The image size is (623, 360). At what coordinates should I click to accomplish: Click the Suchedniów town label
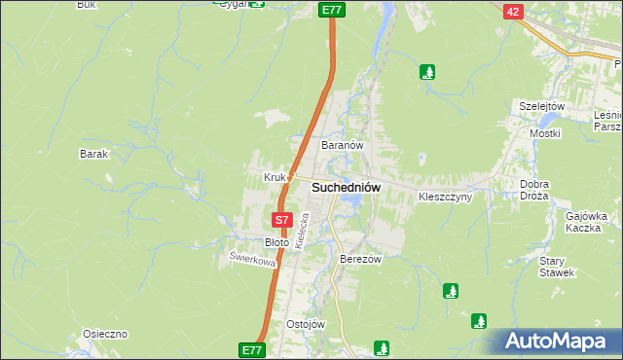point(346,187)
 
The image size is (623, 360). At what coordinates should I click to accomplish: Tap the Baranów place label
point(342,145)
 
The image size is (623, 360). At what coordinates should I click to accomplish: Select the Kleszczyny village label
point(445,197)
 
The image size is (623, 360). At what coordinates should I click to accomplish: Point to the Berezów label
point(359,260)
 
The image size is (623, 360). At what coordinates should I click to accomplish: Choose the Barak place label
point(93,154)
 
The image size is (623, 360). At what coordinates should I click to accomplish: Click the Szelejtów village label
point(542,105)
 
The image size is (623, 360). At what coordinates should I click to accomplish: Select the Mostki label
point(543,132)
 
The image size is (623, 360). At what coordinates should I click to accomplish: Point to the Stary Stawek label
point(558,267)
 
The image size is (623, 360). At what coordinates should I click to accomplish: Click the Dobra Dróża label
point(534,190)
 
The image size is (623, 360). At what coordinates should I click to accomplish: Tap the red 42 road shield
point(514,11)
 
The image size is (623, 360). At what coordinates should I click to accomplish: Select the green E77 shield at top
point(332,9)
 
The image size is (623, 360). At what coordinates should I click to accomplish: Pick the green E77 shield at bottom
point(252,349)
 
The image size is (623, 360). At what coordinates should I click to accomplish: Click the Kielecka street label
point(302,235)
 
